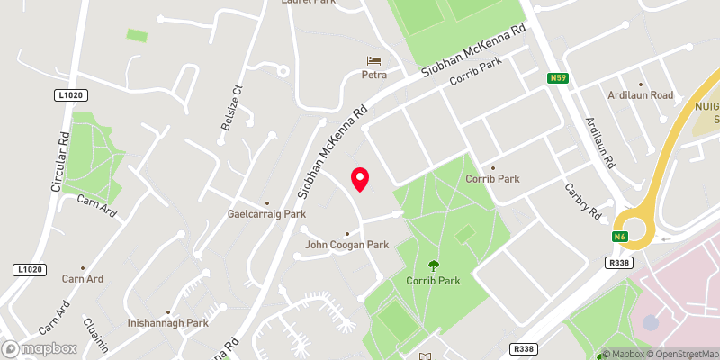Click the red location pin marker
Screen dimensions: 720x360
(360, 179)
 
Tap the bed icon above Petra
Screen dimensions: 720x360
(374, 61)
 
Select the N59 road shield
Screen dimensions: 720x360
(559, 78)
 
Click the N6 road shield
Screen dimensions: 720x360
(620, 237)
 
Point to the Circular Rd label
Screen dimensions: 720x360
(60, 163)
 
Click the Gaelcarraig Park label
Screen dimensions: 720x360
(266, 214)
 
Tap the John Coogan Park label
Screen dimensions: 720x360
(346, 244)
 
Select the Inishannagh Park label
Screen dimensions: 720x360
(168, 322)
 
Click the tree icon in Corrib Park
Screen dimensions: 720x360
(434, 265)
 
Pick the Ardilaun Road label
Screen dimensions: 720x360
(639, 95)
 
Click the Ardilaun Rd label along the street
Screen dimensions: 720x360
(599, 144)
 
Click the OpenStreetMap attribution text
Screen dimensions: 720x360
(680, 354)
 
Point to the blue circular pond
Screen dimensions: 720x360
(651, 321)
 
